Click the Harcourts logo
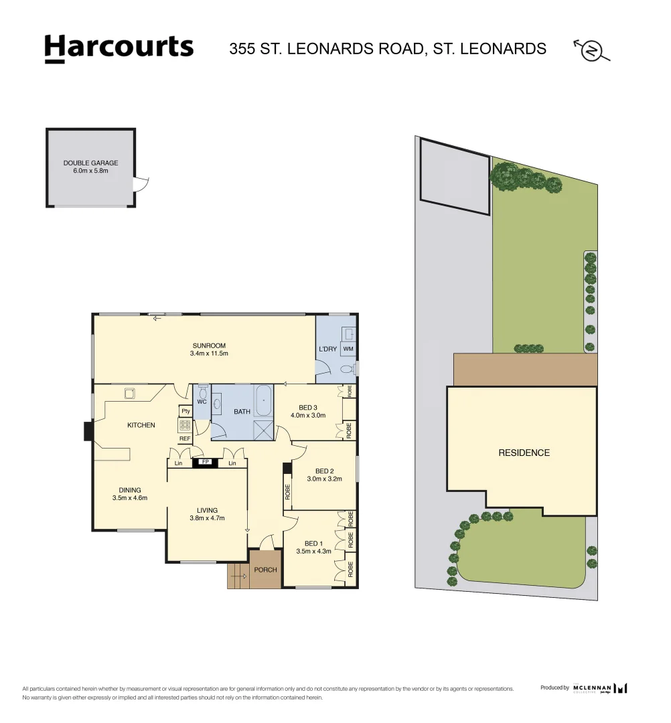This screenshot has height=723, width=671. click(119, 48)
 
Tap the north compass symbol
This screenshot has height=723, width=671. click(592, 50)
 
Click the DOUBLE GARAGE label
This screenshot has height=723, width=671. click(90, 163)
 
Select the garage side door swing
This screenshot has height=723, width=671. click(141, 183)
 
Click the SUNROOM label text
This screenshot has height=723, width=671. click(209, 346)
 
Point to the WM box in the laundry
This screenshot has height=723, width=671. click(348, 349)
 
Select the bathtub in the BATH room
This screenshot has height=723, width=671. click(263, 400)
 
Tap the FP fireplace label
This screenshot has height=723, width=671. click(206, 463)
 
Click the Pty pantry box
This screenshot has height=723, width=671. click(185, 411)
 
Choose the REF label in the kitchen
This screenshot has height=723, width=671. click(185, 438)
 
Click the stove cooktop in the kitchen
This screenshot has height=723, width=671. click(185, 425)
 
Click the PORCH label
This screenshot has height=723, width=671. click(265, 570)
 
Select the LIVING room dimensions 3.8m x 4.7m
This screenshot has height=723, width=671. click(208, 518)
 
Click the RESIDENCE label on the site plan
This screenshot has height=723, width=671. click(524, 453)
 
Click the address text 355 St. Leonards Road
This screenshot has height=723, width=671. click(388, 49)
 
